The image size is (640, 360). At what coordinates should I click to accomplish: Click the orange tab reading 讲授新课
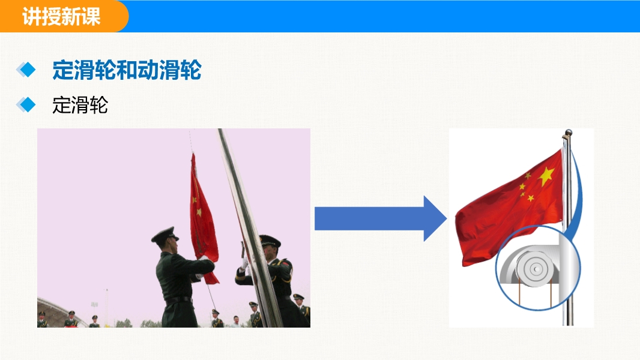click(61, 16)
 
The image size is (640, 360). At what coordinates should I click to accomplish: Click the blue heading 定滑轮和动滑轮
click(127, 70)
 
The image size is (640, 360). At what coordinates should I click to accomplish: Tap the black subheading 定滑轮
click(80, 105)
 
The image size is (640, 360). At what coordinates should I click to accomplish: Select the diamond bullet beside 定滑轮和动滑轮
click(26, 70)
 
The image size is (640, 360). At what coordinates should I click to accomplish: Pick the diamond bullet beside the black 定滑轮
click(26, 105)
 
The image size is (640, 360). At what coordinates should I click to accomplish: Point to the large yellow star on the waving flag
click(546, 176)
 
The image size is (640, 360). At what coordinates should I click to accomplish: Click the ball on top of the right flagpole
click(568, 133)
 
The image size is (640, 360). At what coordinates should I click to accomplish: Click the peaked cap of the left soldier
click(165, 235)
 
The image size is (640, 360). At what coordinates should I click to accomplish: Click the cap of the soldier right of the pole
click(270, 241)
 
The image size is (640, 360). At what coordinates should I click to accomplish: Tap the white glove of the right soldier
click(244, 264)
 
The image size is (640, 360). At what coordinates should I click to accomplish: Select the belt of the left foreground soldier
click(178, 301)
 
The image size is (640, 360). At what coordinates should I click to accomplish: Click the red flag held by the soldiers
click(202, 220)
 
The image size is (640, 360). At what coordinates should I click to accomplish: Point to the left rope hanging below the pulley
click(519, 293)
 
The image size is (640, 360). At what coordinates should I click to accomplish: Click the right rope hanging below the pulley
click(551, 293)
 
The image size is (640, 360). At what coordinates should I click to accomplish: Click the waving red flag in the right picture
click(510, 208)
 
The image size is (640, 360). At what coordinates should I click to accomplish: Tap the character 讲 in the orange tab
click(31, 17)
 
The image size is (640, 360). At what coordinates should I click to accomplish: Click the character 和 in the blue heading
click(127, 70)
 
